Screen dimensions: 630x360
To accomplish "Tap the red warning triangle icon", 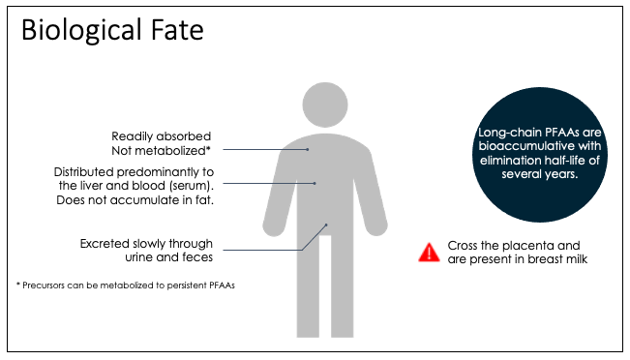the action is click(429, 253).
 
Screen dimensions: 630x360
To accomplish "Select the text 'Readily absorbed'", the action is click(161, 135).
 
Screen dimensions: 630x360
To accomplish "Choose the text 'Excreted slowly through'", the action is click(146, 243).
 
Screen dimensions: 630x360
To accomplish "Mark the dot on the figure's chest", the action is click(308, 149).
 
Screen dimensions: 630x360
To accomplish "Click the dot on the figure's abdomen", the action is click(315, 183).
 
